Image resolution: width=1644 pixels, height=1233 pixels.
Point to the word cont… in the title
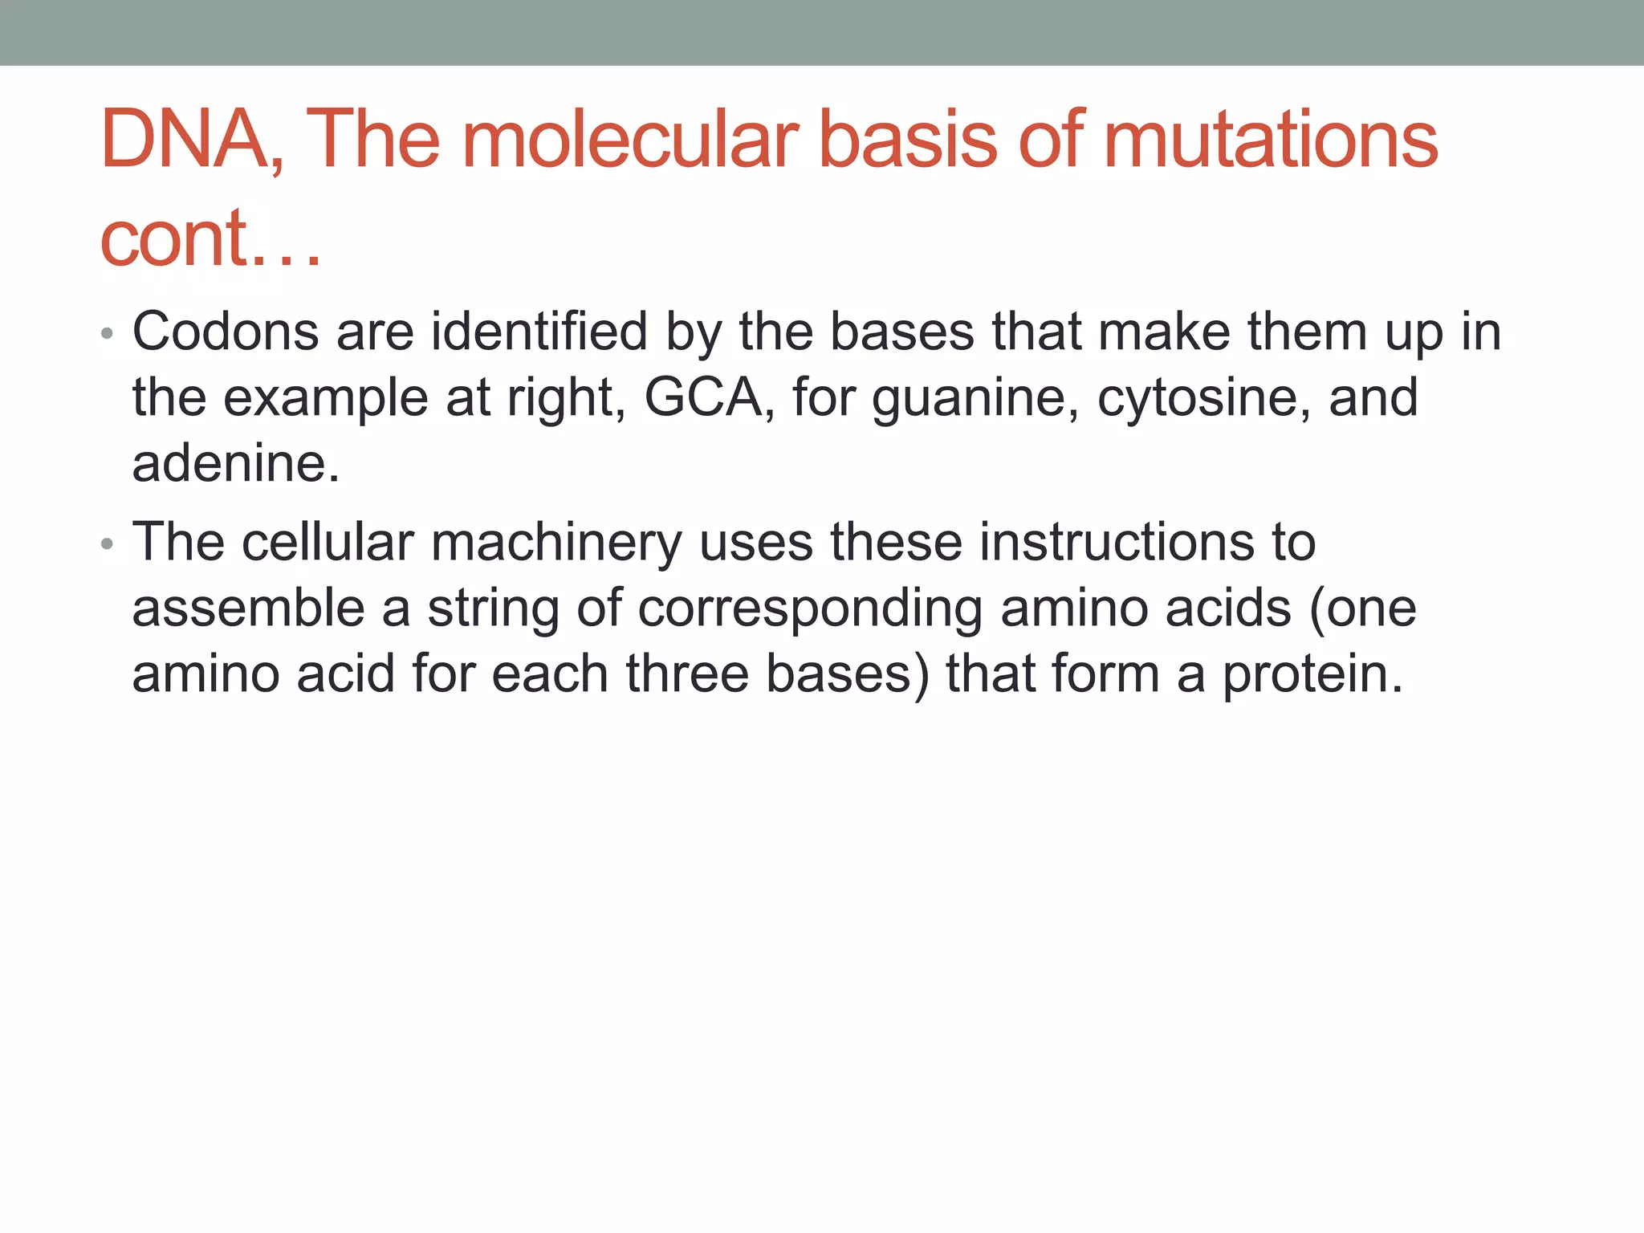[210, 238]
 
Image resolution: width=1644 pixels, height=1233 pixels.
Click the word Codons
[225, 332]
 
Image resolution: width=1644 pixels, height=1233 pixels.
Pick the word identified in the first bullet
[539, 332]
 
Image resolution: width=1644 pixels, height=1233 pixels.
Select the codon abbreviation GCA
[703, 398]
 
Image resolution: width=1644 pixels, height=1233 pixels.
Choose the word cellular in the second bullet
[328, 542]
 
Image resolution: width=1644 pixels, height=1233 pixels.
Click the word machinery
[556, 543]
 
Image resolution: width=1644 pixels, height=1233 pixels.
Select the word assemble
[248, 608]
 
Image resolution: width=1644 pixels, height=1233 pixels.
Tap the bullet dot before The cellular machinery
[108, 544]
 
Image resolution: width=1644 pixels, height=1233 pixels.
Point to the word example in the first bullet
[325, 400]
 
